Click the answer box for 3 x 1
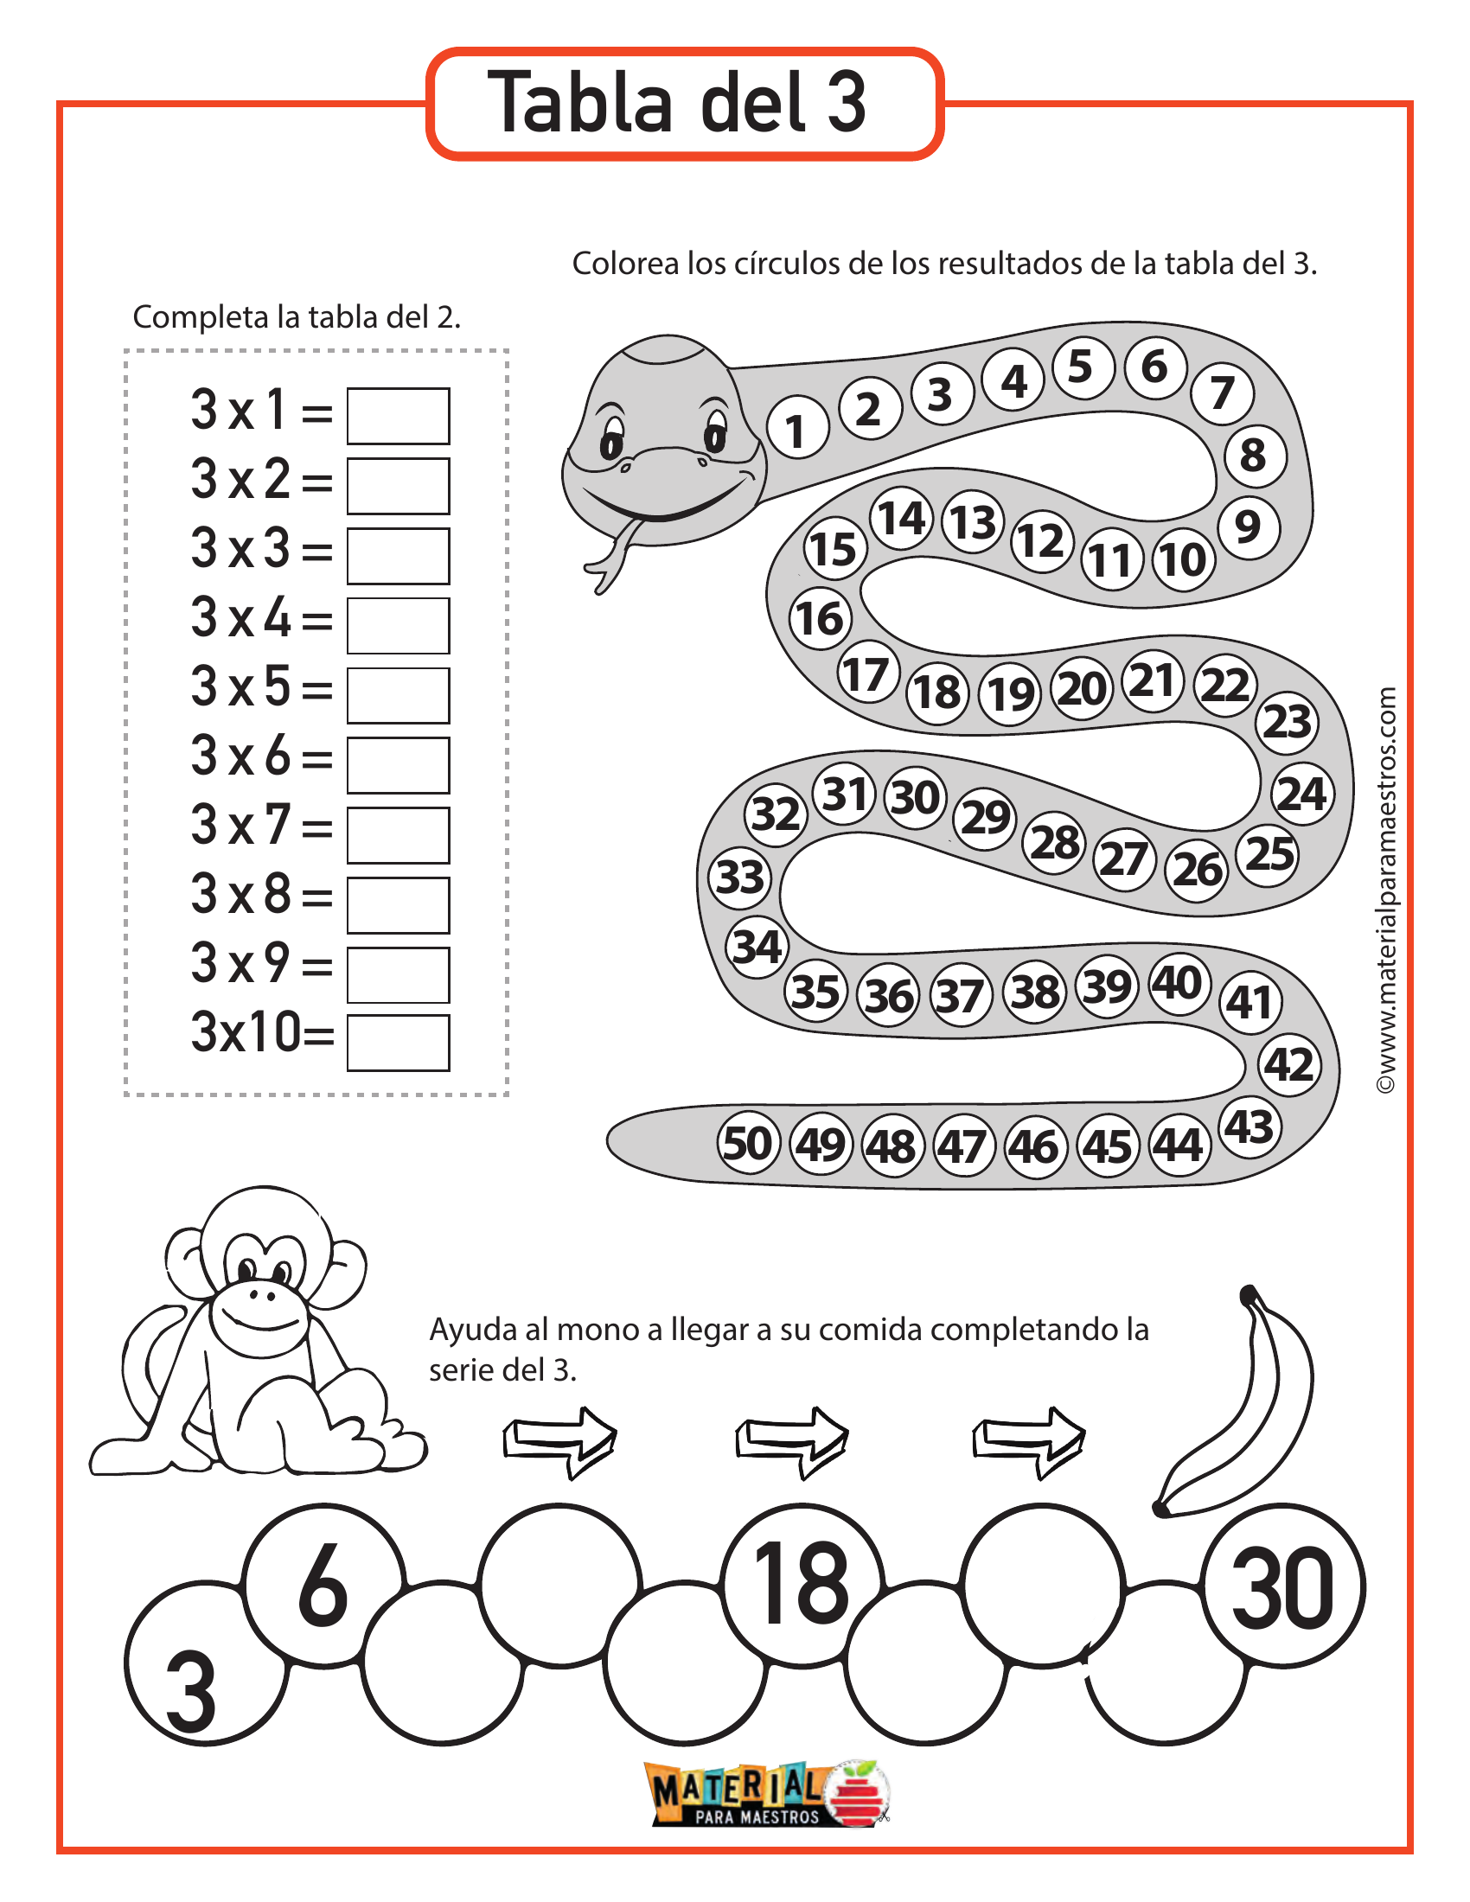pos(398,417)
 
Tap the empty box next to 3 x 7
pos(398,835)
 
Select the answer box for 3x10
pos(398,1043)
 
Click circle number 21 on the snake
pos(1152,681)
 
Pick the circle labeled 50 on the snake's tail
pos(747,1144)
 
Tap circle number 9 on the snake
pos(1248,527)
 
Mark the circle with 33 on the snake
pos(739,877)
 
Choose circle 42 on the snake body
pos(1289,1064)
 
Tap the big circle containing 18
pos(802,1585)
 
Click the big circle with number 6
pos(323,1585)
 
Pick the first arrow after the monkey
pos(559,1440)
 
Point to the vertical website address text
pos(1385,888)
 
